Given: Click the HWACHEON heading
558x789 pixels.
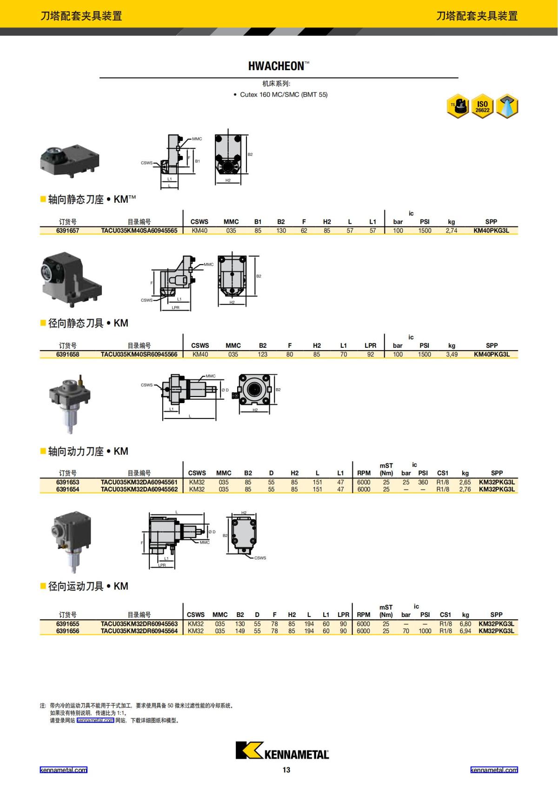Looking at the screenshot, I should click(x=279, y=66).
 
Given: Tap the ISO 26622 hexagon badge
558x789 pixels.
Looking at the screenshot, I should click(x=482, y=107).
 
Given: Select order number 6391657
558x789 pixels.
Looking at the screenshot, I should click(x=68, y=231).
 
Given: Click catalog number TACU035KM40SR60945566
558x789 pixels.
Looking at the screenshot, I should click(x=139, y=354).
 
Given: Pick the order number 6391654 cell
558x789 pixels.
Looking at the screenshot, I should click(x=68, y=489).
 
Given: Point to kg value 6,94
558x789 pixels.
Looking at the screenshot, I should click(x=465, y=631).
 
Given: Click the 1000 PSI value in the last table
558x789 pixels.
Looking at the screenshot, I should click(x=425, y=631).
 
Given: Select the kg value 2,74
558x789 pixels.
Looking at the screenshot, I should click(x=451, y=231).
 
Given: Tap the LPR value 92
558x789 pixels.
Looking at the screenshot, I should click(x=370, y=354).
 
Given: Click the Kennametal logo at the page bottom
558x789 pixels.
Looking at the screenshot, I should click(x=282, y=750).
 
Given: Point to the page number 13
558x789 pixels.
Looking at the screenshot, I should click(x=286, y=770).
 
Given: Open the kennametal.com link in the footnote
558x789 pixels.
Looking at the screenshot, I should click(x=95, y=721).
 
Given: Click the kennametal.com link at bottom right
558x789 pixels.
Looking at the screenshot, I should click(x=494, y=770).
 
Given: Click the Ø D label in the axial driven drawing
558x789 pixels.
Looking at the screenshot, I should click(x=225, y=390).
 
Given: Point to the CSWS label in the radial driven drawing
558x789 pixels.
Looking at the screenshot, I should click(x=260, y=558).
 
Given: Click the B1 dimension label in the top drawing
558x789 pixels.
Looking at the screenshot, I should click(x=197, y=161).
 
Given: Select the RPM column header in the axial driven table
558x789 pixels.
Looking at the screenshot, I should click(x=364, y=473).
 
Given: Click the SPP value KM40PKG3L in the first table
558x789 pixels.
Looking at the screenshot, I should click(x=491, y=231).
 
